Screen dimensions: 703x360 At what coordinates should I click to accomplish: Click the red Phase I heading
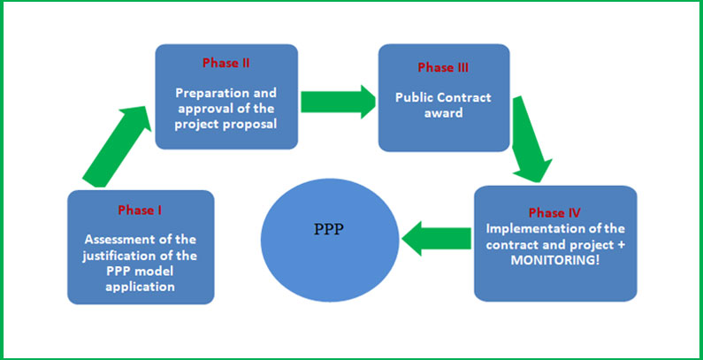(x=140, y=210)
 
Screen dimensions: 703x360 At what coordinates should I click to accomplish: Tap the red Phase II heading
(x=226, y=63)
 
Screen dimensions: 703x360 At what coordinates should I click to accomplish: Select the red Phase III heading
(x=443, y=68)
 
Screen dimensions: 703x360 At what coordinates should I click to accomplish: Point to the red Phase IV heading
(x=555, y=212)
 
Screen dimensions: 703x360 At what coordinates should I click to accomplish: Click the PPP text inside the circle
(x=329, y=229)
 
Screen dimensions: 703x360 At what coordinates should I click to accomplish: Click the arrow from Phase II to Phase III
(x=338, y=102)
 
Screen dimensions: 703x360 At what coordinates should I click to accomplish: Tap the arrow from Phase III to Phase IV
(x=531, y=139)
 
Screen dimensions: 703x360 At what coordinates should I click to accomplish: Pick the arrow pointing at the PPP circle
(x=436, y=238)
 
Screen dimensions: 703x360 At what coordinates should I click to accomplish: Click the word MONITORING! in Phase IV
(x=555, y=260)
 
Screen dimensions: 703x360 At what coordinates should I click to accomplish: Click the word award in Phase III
(x=443, y=112)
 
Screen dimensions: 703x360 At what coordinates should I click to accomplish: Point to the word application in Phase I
(x=140, y=287)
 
